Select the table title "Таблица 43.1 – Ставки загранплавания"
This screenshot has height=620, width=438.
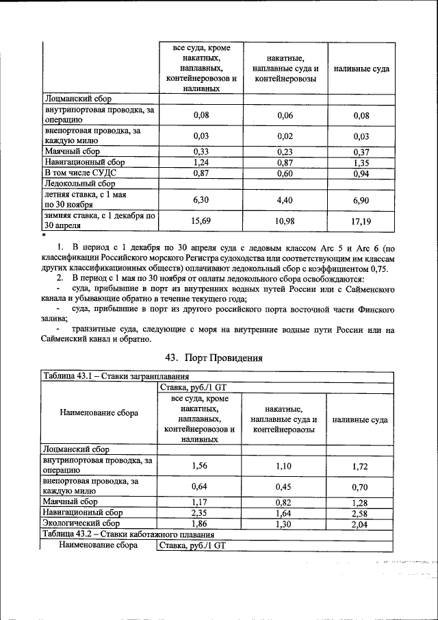(120, 376)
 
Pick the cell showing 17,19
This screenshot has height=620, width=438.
(361, 220)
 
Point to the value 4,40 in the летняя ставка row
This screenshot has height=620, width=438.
(285, 199)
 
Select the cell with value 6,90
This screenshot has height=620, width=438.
(361, 199)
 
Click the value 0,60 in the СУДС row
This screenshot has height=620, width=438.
(285, 173)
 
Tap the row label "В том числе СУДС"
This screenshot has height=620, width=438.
(80, 173)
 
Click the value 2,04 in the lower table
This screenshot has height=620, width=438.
(361, 523)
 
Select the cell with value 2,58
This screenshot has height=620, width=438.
(361, 512)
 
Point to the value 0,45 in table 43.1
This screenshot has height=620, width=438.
(285, 487)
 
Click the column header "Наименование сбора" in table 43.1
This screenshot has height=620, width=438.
(99, 412)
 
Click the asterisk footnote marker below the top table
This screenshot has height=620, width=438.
(43, 234)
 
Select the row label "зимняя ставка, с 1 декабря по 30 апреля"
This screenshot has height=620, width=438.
(99, 220)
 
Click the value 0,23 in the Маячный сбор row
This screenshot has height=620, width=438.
(285, 151)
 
